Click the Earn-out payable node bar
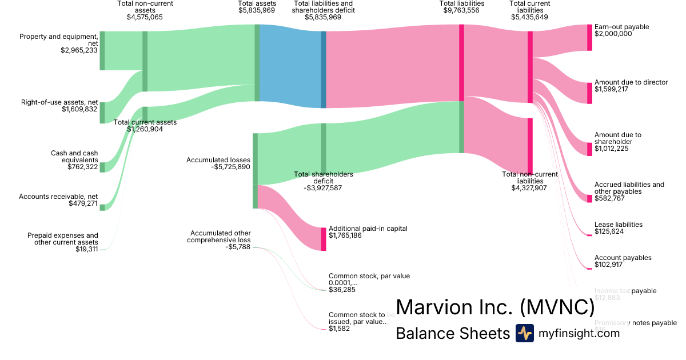click(589, 38)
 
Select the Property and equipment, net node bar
click(102, 51)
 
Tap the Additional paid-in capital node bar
click(324, 239)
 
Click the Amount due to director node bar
click(589, 93)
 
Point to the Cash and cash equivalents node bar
click(102, 167)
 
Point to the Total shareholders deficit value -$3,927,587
click(323, 187)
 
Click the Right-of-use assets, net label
click(59, 103)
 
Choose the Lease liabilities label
click(619, 225)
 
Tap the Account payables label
click(623, 258)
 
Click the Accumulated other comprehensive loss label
click(220, 237)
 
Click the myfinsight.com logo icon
click(524, 333)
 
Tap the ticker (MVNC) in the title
click(557, 307)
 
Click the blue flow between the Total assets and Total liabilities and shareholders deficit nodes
click(290, 66)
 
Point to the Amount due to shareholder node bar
click(589, 149)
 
